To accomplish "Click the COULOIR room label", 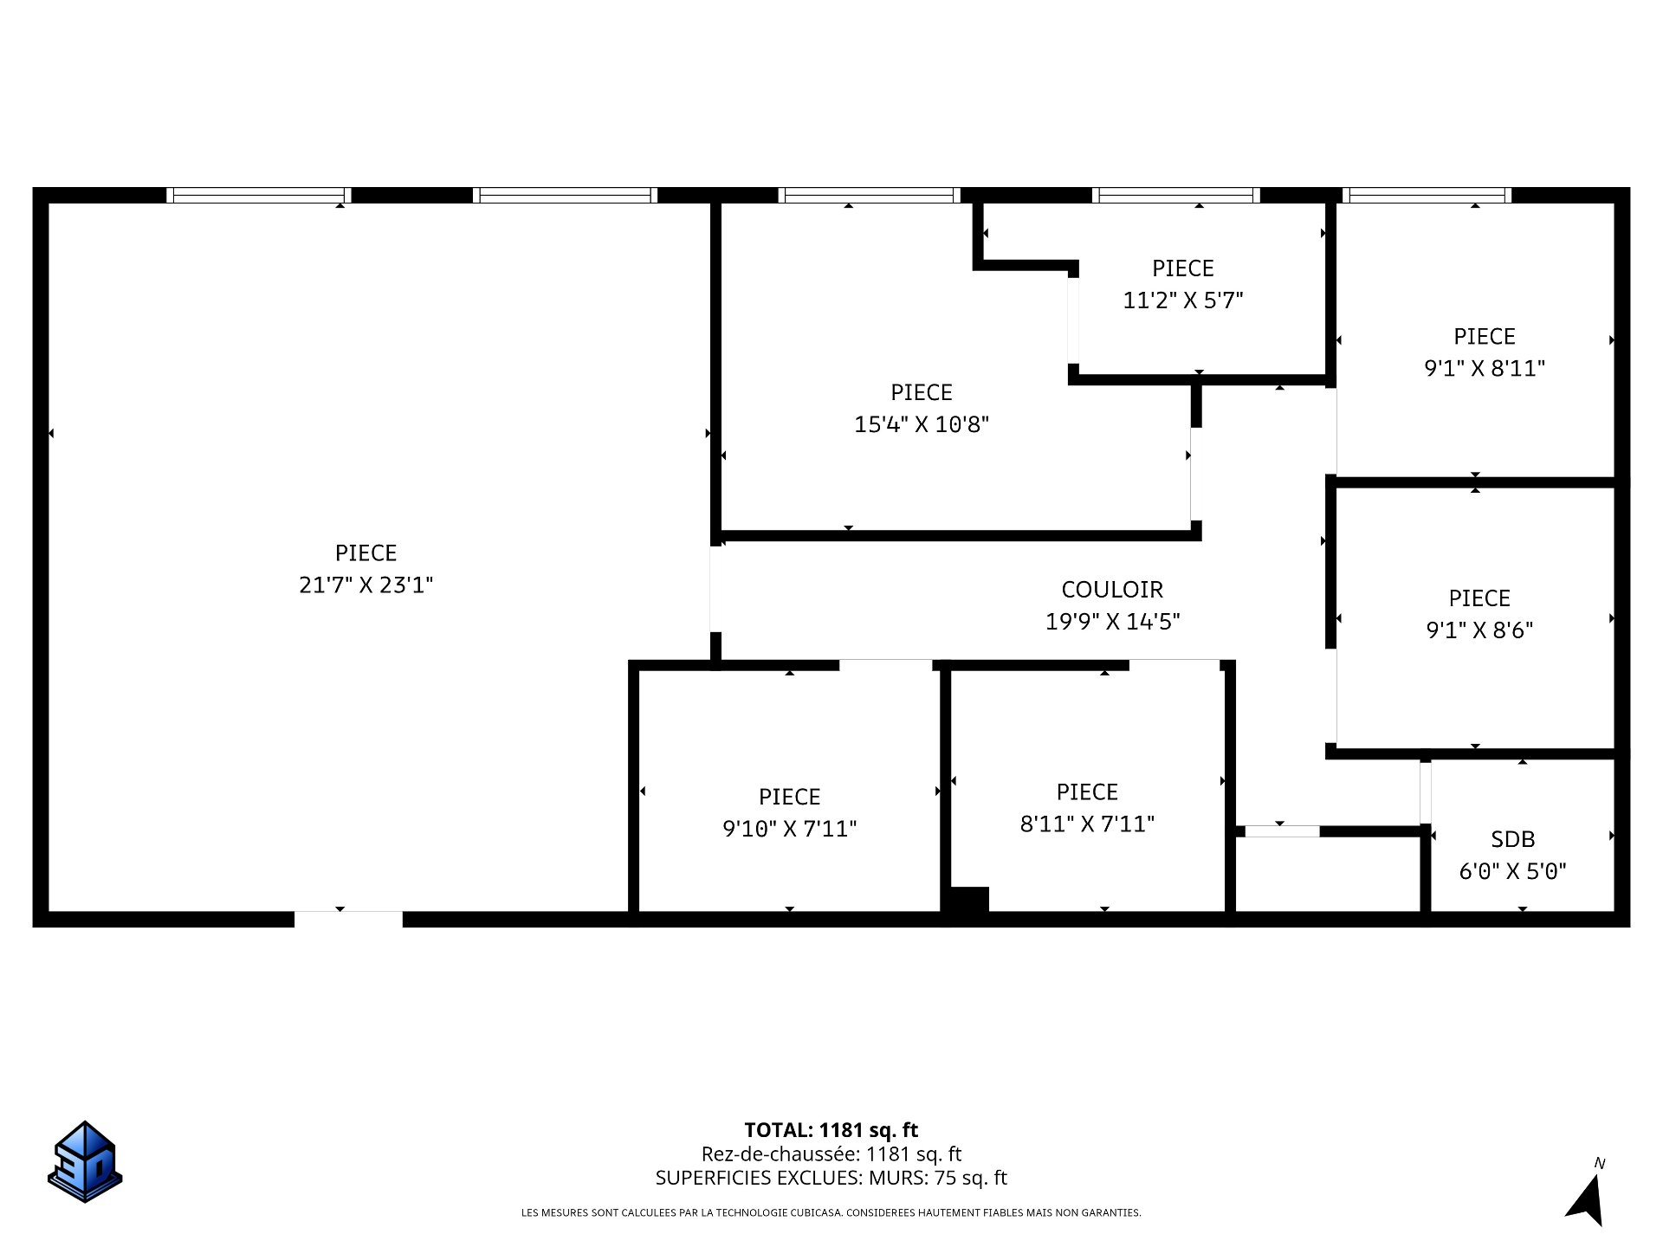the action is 1112,590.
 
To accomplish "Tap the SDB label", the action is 1513,839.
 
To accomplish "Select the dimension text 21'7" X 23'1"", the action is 366,585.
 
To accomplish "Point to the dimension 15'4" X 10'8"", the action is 922,424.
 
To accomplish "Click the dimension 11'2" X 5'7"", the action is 1183,300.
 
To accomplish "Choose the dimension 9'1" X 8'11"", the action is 1485,369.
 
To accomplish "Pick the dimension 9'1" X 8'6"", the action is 1479,630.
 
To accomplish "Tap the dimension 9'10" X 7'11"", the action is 790,829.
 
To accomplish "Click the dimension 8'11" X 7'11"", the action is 1087,824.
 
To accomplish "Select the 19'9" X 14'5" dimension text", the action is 1112,622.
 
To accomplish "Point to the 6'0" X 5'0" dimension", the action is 1513,871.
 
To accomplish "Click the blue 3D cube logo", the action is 85,1161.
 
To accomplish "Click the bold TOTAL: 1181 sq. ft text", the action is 831,1130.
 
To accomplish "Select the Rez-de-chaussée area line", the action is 831,1154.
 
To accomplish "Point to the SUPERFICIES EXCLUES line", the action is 831,1178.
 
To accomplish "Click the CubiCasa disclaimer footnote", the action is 831,1213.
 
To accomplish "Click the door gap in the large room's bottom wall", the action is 348,919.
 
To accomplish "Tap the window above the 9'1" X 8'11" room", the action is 1427,195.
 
